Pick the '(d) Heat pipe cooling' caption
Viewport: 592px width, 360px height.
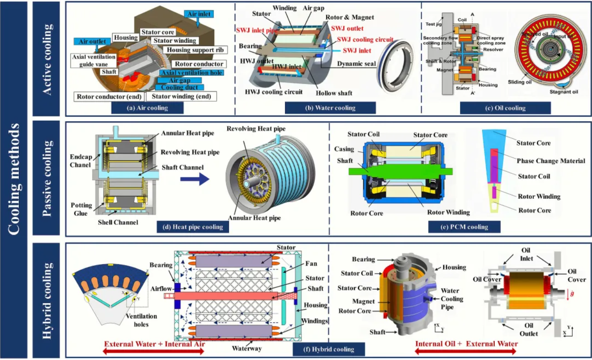pos(191,227)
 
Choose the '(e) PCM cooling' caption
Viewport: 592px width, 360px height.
pos(465,227)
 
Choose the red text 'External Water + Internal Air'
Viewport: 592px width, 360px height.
pos(155,344)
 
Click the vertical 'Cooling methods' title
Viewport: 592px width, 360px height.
pos(14,180)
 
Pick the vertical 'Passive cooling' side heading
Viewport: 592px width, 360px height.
pos(48,179)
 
